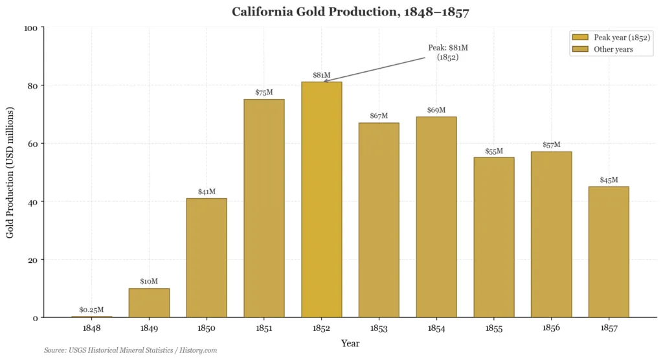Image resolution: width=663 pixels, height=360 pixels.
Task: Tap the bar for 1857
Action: point(608,252)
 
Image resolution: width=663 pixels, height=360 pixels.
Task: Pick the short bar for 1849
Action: point(149,302)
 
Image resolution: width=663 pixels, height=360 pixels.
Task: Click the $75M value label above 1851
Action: point(264,93)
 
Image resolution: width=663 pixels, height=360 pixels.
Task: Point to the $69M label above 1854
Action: point(436,110)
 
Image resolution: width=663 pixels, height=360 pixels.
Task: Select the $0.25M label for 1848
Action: point(91,310)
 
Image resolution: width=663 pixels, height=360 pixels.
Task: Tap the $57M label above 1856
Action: point(551,145)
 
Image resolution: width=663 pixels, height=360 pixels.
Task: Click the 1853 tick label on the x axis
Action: point(379,329)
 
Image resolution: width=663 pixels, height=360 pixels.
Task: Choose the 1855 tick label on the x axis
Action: point(494,329)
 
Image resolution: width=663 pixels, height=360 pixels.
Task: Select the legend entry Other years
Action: point(612,49)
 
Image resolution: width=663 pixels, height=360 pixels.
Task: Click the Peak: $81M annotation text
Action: point(447,52)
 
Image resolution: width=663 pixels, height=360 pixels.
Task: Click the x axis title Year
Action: point(350,343)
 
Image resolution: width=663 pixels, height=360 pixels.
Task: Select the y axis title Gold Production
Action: point(10,172)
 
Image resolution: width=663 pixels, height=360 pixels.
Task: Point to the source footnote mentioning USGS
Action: point(130,350)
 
